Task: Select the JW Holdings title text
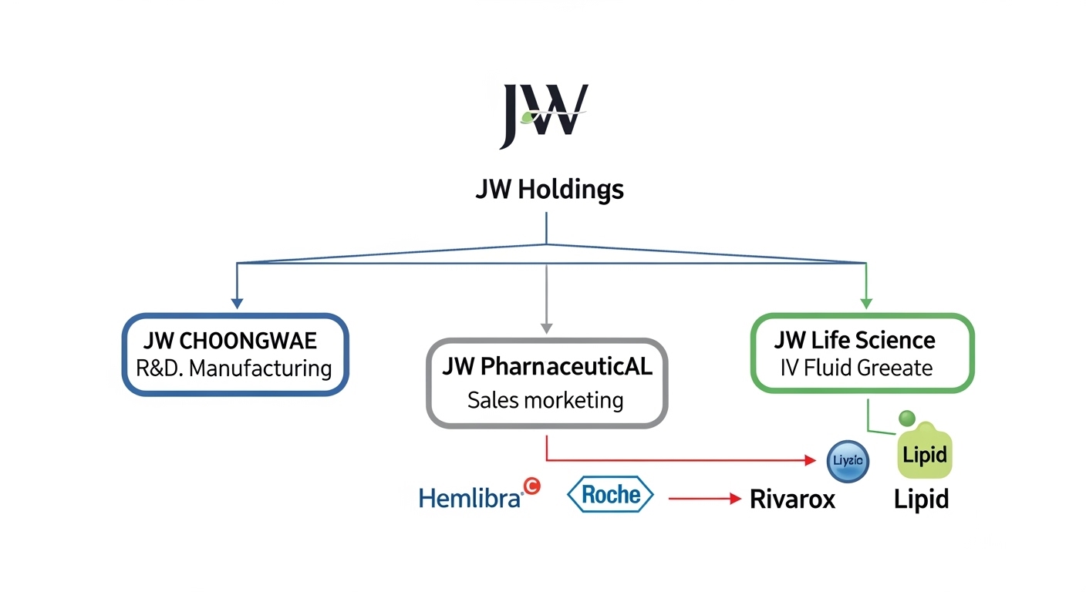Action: click(x=549, y=190)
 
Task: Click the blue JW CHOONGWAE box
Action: click(x=235, y=355)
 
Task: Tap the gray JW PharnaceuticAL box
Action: click(x=547, y=382)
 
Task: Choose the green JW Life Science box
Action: click(x=862, y=353)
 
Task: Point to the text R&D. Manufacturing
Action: click(x=234, y=368)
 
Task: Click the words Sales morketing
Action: click(x=545, y=400)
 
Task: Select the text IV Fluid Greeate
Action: click(x=856, y=368)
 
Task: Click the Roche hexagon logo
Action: click(x=610, y=495)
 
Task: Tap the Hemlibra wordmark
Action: click(x=470, y=498)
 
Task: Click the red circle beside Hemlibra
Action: click(x=531, y=485)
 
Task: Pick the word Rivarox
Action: click(x=792, y=499)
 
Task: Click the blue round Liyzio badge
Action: click(x=848, y=461)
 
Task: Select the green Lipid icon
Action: click(x=924, y=453)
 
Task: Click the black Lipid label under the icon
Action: click(x=921, y=499)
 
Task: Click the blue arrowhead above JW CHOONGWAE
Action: click(x=238, y=303)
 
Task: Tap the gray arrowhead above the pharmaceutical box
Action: click(x=546, y=327)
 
